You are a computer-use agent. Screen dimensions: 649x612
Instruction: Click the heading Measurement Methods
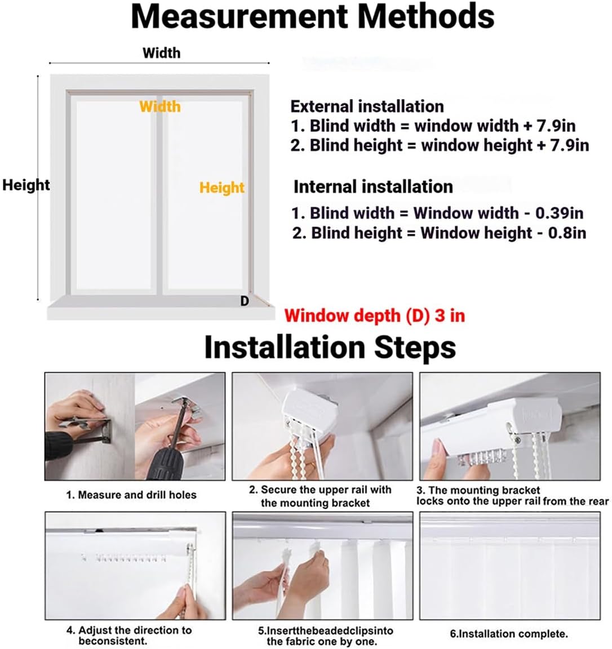coord(312,17)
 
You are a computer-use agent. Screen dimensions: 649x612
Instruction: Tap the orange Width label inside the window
coord(160,106)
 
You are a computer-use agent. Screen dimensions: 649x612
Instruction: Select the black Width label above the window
coord(161,53)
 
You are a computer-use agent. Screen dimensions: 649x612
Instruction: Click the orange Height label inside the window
coord(222,188)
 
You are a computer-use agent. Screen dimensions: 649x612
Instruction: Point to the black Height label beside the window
coord(26,185)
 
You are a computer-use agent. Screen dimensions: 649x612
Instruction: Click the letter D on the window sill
coord(245,301)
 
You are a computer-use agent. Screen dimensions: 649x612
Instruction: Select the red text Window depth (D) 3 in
coord(374,315)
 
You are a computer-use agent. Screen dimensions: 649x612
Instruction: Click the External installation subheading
coord(367,106)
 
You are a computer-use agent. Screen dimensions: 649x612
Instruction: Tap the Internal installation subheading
coord(373,186)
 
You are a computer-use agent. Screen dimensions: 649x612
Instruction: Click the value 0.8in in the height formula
coord(567,233)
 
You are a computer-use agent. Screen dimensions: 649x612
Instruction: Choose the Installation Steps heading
coord(330,347)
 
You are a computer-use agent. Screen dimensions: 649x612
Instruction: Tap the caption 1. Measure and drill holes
coord(131,495)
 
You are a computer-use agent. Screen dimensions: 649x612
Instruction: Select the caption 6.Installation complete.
coord(508,634)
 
